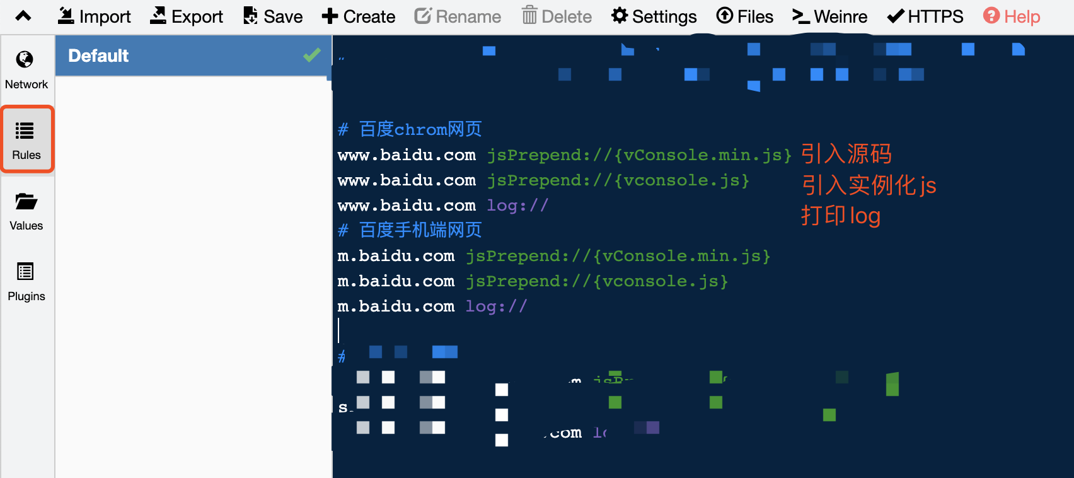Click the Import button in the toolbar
pos(95,16)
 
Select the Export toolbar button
pos(187,16)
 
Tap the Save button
pos(273,16)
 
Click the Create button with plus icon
pos(359,16)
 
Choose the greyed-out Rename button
pos(458,16)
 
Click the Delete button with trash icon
pos(557,16)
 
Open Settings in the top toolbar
pos(654,16)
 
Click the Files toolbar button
pos(745,16)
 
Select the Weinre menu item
pos(830,16)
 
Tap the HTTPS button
pos(925,16)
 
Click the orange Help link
pos(1012,16)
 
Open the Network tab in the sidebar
pos(26,70)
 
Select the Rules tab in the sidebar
pos(26,140)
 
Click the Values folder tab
pos(26,211)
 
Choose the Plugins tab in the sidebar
pos(26,282)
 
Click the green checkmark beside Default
pos(312,55)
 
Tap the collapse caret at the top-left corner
pos(23,16)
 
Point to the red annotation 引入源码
pos(846,154)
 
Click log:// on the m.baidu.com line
pos(496,306)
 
